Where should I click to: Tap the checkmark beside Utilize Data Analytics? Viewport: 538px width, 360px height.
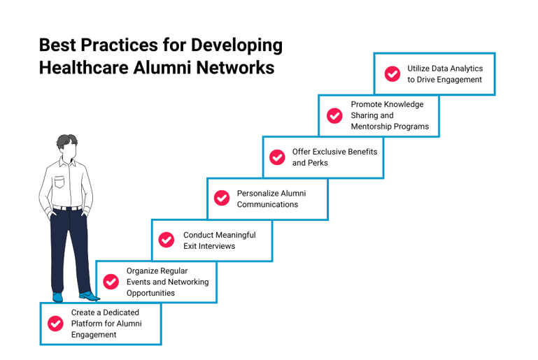click(x=394, y=73)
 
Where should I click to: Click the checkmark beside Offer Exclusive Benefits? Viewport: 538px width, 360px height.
click(x=278, y=157)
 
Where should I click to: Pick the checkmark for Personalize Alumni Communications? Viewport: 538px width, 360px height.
click(x=222, y=199)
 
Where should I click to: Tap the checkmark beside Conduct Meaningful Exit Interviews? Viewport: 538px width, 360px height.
click(x=167, y=240)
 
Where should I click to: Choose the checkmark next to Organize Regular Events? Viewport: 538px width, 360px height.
click(x=111, y=281)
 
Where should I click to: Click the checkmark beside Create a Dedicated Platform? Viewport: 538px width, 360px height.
click(x=55, y=323)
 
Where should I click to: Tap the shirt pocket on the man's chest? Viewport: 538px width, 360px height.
click(x=59, y=182)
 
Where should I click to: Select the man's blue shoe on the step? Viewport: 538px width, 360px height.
click(x=87, y=296)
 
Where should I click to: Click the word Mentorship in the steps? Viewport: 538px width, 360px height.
click(x=374, y=127)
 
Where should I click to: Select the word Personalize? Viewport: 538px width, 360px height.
click(x=258, y=193)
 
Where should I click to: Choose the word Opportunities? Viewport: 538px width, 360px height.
click(x=150, y=293)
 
